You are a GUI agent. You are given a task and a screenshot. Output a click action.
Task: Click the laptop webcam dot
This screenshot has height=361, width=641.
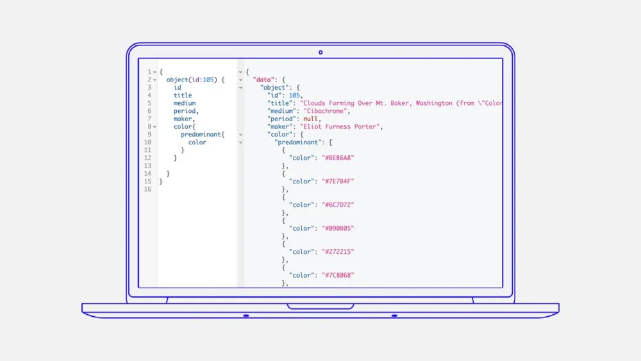pyautogui.click(x=320, y=53)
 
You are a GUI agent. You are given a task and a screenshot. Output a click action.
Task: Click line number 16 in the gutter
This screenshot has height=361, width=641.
pyautogui.click(x=148, y=189)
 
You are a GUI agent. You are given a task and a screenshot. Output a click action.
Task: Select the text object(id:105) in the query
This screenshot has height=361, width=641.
pyautogui.click(x=192, y=80)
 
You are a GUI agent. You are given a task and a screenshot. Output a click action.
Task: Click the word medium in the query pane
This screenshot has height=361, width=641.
pyautogui.click(x=185, y=103)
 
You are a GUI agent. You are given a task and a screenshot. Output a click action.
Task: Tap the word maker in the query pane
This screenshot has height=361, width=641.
pyautogui.click(x=183, y=119)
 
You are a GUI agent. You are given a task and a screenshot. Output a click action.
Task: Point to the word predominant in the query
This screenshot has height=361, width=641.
pyautogui.click(x=203, y=135)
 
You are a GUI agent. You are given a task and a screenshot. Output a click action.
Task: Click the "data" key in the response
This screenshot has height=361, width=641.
pyautogui.click(x=263, y=80)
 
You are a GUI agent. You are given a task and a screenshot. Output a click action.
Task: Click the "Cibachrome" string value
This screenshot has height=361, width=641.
pyautogui.click(x=327, y=111)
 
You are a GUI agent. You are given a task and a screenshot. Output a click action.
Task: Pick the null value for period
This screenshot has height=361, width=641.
pyautogui.click(x=311, y=119)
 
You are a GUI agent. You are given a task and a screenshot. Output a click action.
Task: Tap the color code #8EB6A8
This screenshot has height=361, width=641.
pyautogui.click(x=338, y=158)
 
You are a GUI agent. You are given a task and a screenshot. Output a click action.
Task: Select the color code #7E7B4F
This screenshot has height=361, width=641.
pyautogui.click(x=338, y=181)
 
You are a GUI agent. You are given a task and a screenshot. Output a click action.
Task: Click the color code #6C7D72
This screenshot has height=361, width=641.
pyautogui.click(x=338, y=205)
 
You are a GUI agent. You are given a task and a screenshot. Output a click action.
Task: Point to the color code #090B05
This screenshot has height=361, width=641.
pyautogui.click(x=338, y=228)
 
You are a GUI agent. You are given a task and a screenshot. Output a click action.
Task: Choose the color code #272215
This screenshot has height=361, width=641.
pyautogui.click(x=338, y=252)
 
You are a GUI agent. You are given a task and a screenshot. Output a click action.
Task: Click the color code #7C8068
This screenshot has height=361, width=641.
pyautogui.click(x=338, y=275)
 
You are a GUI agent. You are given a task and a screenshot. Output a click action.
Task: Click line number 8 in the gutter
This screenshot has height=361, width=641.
pyautogui.click(x=149, y=127)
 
